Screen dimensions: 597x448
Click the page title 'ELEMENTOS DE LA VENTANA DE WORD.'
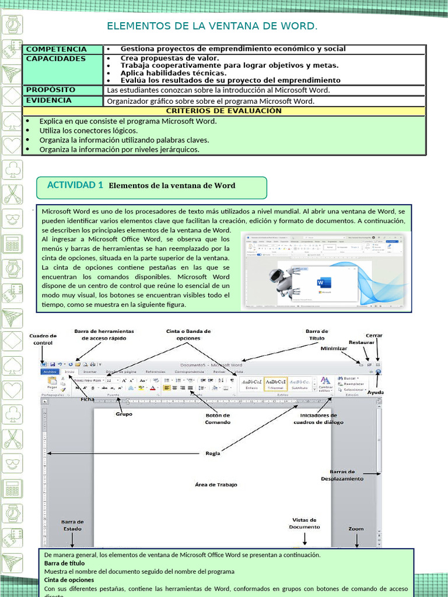212,26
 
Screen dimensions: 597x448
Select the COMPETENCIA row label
56,49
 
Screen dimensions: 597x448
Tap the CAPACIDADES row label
55,58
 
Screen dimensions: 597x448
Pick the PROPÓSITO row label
51,90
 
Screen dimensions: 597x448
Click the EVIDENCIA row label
49,100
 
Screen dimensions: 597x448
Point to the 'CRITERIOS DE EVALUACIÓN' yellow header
224,111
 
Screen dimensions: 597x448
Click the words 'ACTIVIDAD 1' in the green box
75,185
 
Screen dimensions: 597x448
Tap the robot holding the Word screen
282,280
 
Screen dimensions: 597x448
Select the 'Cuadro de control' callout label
43,339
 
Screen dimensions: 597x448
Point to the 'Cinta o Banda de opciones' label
188,335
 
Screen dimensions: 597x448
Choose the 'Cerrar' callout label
374,336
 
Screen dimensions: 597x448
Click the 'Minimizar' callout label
334,348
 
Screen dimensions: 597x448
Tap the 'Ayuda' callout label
376,392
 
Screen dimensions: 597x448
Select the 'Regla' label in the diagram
213,453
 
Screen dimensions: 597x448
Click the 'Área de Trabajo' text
216,484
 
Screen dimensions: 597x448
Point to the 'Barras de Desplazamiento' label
342,475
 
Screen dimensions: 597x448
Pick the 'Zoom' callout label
356,529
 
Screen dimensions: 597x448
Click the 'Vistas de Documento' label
304,523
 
